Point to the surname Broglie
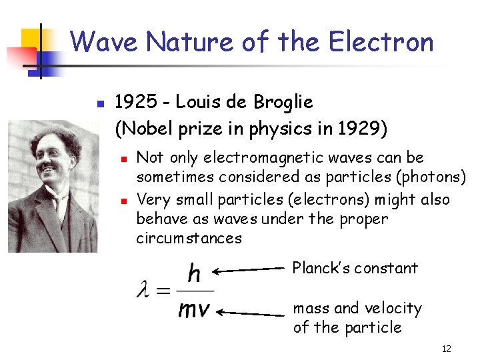click(283, 102)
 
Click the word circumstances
click(189, 238)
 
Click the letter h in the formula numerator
click(195, 273)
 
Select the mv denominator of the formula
click(194, 309)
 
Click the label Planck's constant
click(355, 268)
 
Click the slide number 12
click(446, 349)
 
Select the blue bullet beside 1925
click(99, 104)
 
